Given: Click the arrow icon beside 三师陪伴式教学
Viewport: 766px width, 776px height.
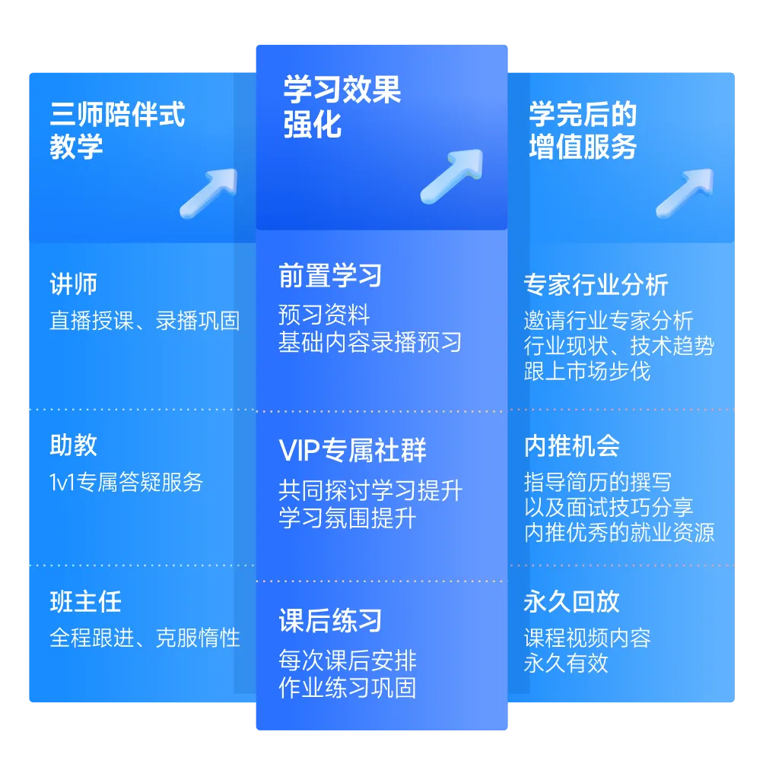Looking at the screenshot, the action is [208, 192].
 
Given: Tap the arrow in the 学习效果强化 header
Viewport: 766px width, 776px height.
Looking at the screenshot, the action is [451, 176].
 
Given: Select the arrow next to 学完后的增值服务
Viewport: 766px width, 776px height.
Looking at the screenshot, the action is [684, 192].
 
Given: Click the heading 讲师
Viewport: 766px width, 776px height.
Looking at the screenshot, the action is [74, 285].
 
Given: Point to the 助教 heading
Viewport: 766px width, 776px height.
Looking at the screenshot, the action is [74, 445].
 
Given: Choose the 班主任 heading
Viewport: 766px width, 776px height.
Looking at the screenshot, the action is [85, 602].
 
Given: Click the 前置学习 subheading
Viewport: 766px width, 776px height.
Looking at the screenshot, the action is [330, 276].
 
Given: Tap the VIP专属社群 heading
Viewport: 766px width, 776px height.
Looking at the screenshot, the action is [352, 451].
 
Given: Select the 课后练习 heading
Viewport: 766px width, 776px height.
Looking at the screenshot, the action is [330, 621].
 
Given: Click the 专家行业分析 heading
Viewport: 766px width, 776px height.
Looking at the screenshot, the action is [596, 285].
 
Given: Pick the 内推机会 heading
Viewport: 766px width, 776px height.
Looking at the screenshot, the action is [571, 446].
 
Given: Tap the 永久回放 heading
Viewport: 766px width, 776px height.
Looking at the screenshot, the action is [571, 602].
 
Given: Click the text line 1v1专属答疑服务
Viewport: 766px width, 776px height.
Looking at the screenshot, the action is [126, 482].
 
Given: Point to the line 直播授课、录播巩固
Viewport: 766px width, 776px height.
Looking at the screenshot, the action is [145, 321].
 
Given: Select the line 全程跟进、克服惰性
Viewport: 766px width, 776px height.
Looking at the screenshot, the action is [145, 637].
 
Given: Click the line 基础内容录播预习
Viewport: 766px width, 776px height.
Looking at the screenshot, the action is [370, 342].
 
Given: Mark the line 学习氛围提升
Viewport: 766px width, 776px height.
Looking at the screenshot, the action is [347, 519].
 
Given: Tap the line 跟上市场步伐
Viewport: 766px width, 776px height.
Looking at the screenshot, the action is [586, 372].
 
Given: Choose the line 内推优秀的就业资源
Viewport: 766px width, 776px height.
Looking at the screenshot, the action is [619, 532].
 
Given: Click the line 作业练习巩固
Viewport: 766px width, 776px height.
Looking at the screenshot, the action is [347, 688].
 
